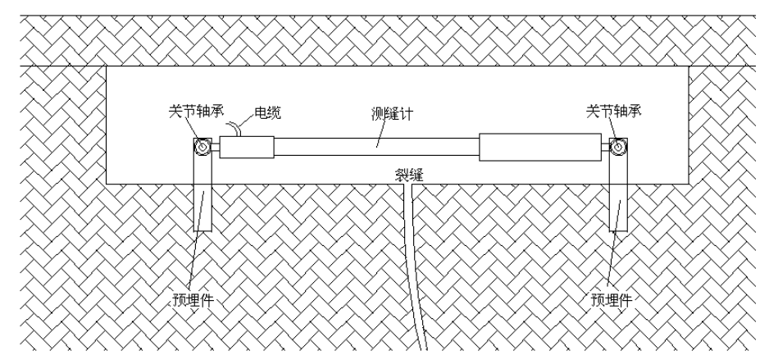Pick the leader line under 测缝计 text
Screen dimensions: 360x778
coord(377,135)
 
